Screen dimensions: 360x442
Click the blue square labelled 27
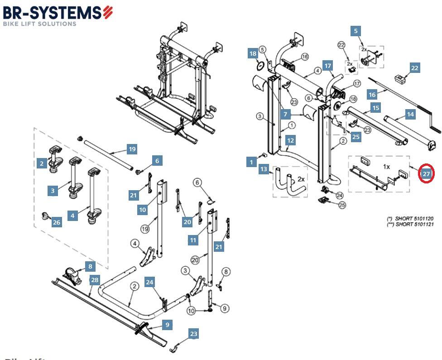coord(426,174)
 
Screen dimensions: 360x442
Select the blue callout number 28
coord(94,280)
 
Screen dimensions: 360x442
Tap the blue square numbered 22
coord(414,68)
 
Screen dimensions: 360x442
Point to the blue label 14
coord(410,115)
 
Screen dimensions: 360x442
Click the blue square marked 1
coord(252,162)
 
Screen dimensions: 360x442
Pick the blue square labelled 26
coord(56,222)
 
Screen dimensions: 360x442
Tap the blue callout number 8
coord(90,267)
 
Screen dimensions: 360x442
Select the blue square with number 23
coord(193,334)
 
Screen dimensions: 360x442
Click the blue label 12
coord(290,140)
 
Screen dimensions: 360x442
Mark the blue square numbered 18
coord(253,54)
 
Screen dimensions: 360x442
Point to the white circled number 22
coord(341,45)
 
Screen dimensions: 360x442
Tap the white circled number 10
coord(191,311)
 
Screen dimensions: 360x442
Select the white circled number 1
coord(292,125)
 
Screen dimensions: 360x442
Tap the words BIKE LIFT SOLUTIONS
coord(40,24)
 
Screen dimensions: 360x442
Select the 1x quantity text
coord(386,167)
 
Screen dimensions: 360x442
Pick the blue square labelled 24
coord(149,282)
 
